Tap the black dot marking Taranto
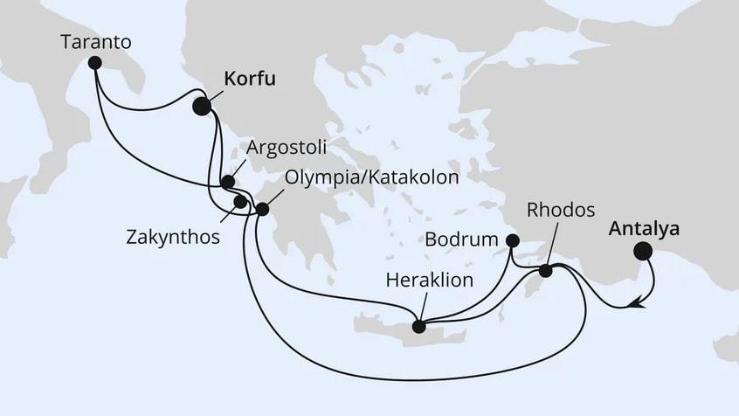(94, 62)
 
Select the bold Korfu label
(250, 80)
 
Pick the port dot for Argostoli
(227, 183)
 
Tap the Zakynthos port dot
(239, 203)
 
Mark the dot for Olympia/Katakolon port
(262, 209)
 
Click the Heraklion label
(429, 281)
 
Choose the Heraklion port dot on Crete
(418, 327)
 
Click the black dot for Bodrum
(513, 240)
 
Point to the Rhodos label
(561, 211)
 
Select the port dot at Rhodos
(545, 271)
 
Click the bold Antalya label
(644, 228)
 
